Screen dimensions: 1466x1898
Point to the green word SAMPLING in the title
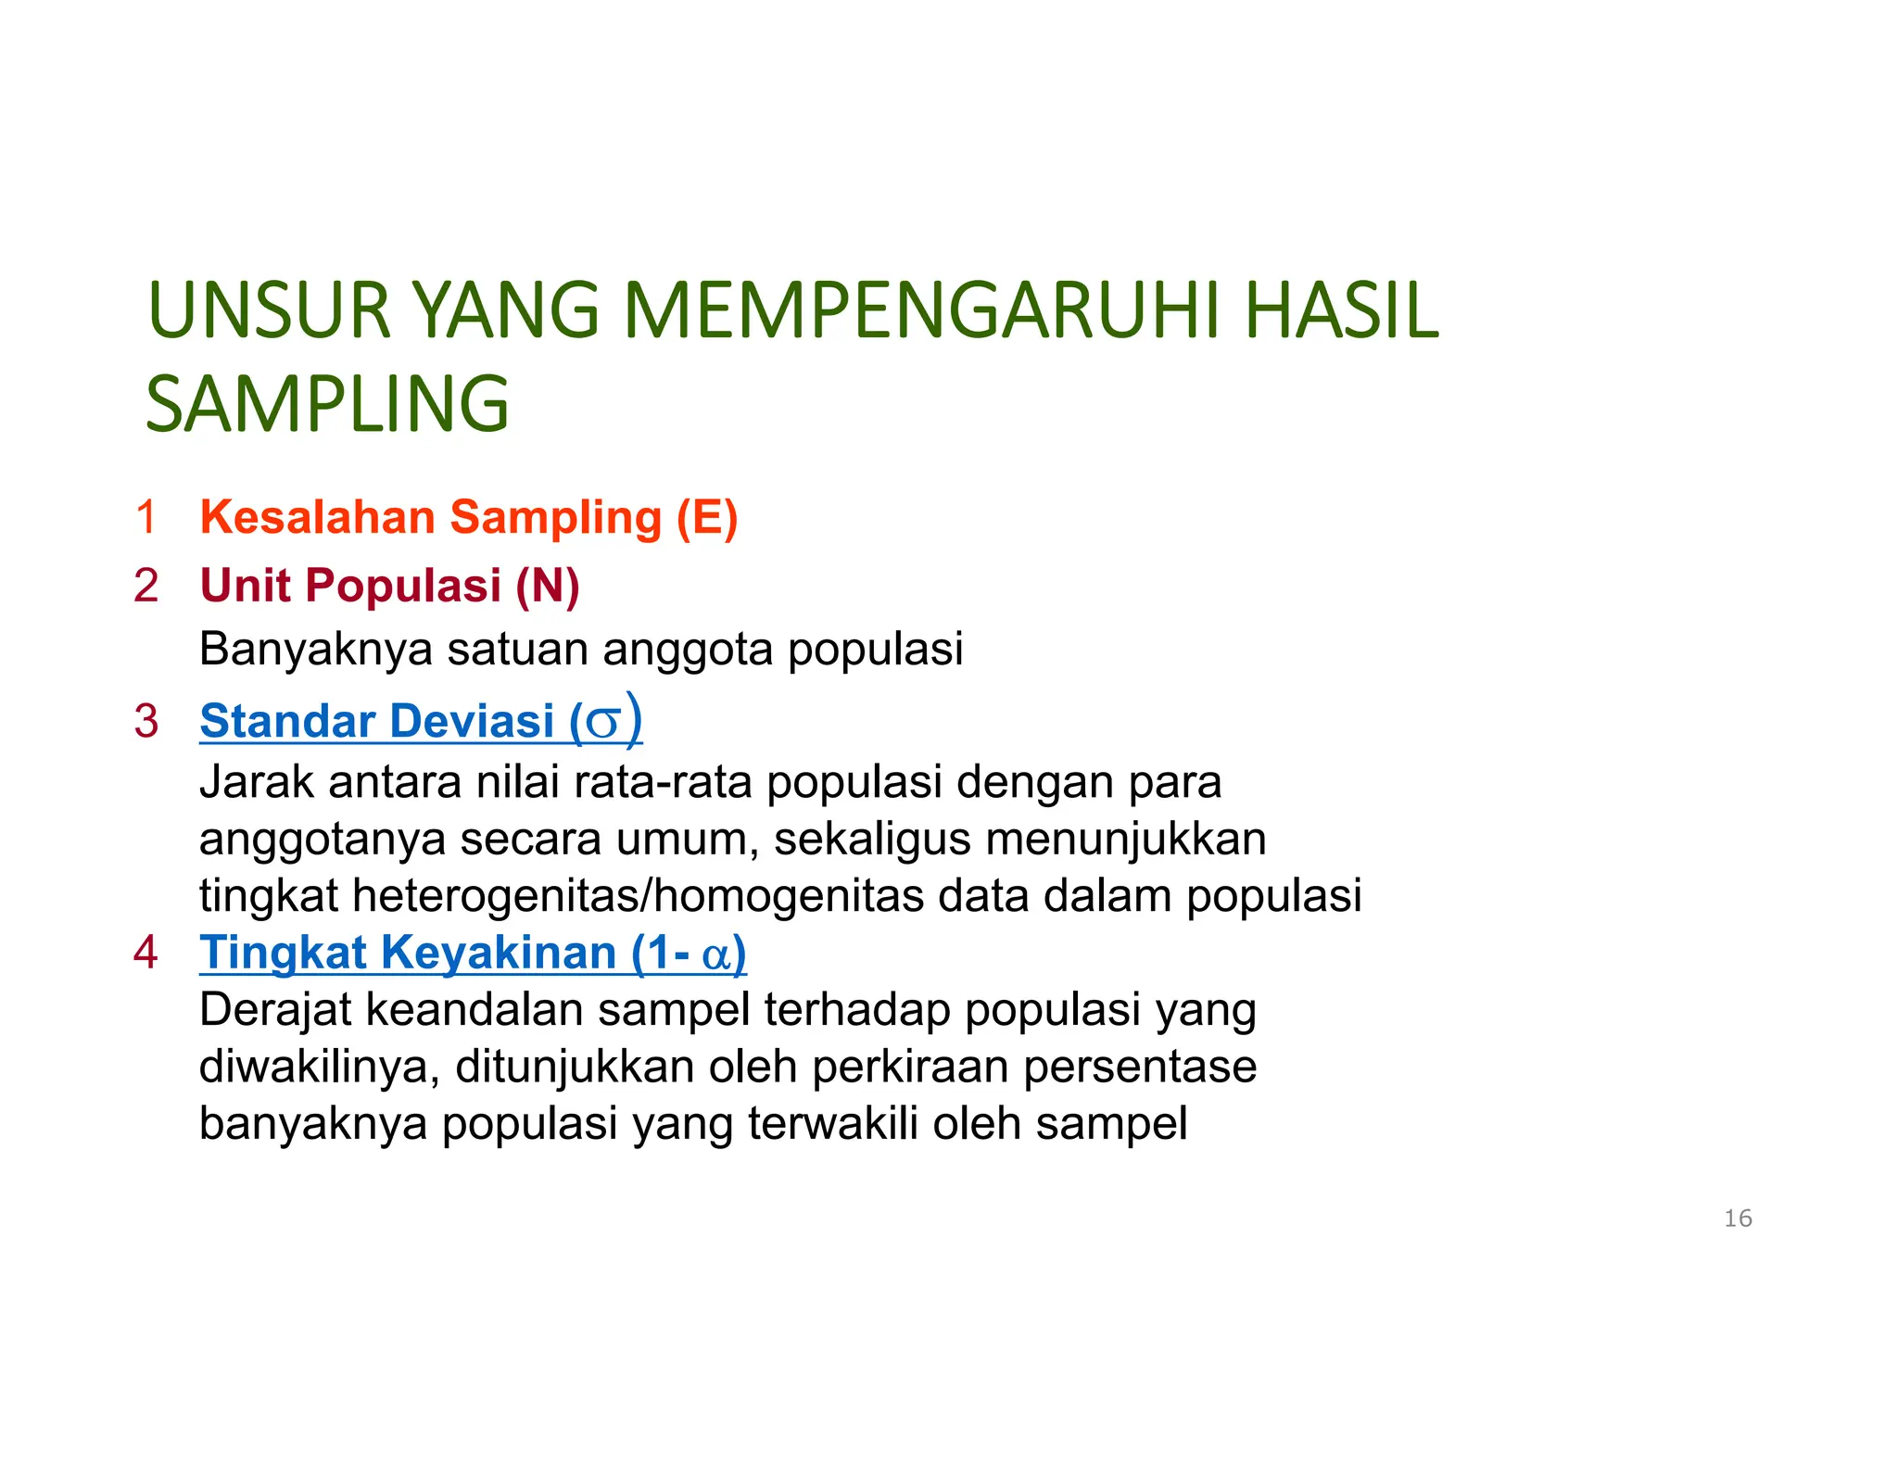click(x=327, y=404)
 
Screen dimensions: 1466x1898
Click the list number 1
click(x=146, y=517)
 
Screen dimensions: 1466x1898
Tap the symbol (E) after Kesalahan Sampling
click(x=707, y=517)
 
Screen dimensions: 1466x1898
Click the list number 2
click(x=146, y=586)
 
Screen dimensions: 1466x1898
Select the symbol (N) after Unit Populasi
click(x=548, y=586)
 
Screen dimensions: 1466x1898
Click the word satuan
click(x=518, y=649)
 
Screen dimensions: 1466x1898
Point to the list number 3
click(x=146, y=721)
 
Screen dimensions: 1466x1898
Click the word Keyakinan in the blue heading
click(x=499, y=953)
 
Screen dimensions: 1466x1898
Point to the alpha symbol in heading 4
click(x=717, y=955)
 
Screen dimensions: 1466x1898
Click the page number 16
click(x=1738, y=1219)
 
